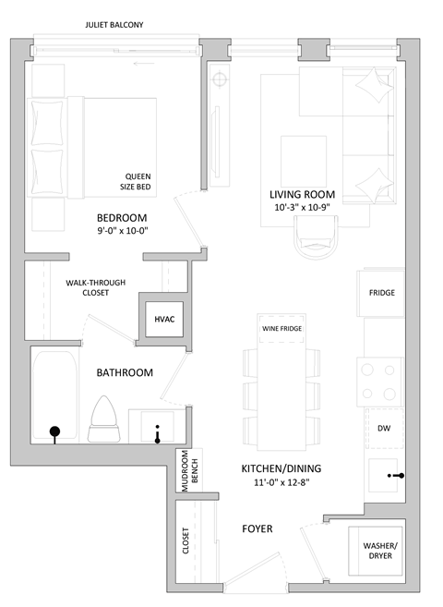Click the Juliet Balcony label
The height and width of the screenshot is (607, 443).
114,24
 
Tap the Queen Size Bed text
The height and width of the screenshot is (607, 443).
138,181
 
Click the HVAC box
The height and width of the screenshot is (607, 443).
164,319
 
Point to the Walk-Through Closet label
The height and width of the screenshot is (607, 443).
95,287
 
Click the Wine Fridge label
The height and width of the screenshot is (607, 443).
281,328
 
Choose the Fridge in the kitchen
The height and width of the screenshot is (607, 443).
382,292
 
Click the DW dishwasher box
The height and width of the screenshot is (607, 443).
384,429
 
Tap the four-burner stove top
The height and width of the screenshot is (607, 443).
382,379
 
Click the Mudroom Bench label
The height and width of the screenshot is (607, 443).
188,473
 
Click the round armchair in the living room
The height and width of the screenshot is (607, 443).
315,243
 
